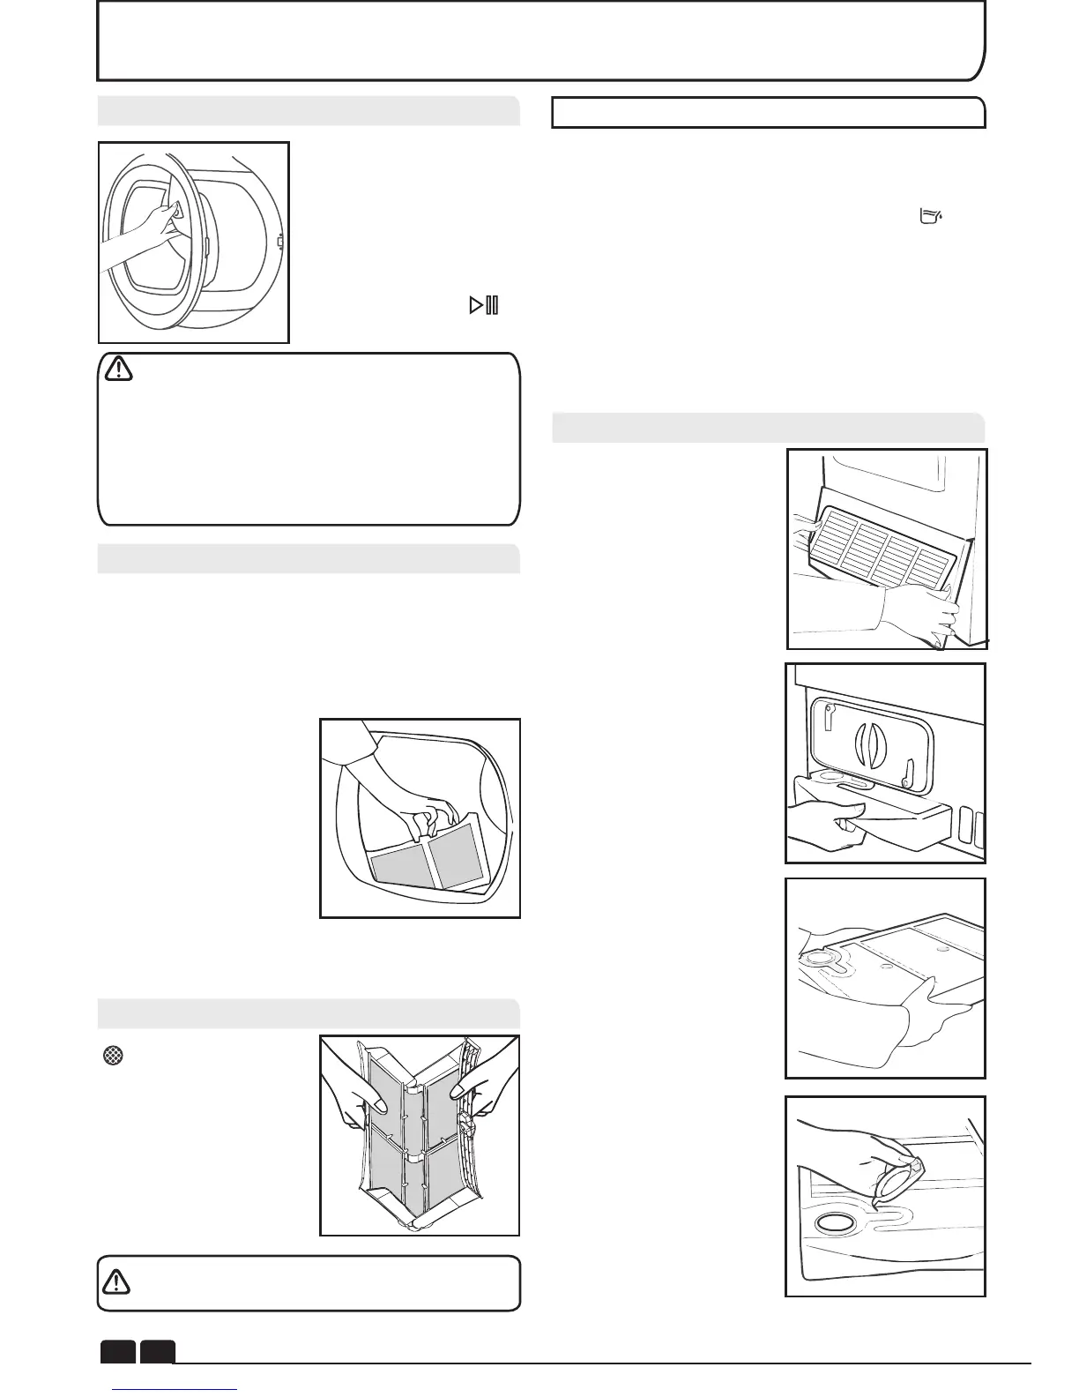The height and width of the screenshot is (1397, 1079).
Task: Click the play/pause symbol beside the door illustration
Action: (485, 306)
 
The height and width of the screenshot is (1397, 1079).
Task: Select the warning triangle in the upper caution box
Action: (118, 369)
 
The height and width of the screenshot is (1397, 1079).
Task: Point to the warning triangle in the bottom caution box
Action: (116, 1281)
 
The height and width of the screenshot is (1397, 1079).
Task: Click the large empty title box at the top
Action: (539, 40)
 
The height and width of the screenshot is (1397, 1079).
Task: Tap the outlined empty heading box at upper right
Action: (768, 113)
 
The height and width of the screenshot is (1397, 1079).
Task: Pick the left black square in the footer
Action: (117, 1352)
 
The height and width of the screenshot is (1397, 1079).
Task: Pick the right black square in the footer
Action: (158, 1352)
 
